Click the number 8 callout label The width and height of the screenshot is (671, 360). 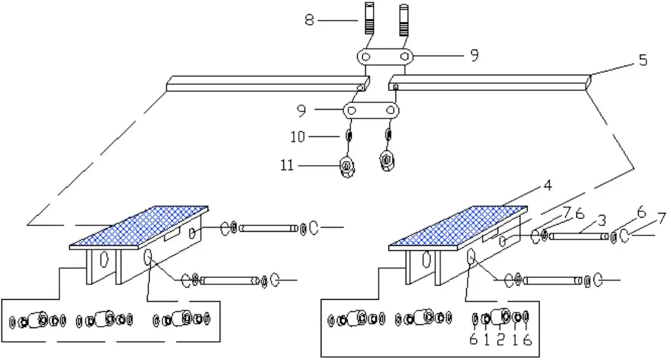(309, 20)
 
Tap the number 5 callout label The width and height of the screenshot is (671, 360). (642, 60)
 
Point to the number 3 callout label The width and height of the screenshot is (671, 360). (602, 221)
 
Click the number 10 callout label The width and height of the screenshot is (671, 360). (298, 137)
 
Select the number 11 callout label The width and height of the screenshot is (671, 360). (286, 166)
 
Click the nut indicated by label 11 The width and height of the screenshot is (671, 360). (347, 167)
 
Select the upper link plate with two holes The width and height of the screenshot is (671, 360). (385, 57)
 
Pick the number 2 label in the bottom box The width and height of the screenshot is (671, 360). (500, 340)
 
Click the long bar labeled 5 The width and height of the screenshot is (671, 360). (490, 82)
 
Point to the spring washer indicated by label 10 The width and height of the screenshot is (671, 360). (349, 137)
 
